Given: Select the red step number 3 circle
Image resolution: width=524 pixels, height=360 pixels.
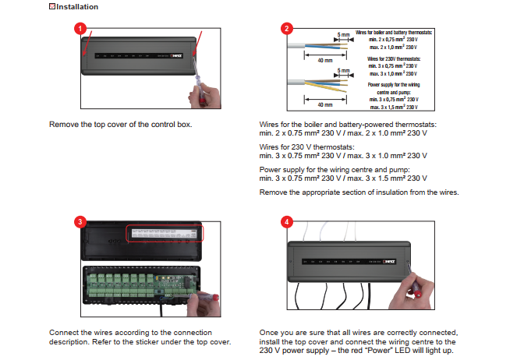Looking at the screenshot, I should point(79,221).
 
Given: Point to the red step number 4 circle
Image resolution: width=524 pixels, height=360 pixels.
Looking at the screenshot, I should point(288,221).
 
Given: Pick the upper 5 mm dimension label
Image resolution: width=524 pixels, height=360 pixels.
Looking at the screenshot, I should point(342,34).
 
